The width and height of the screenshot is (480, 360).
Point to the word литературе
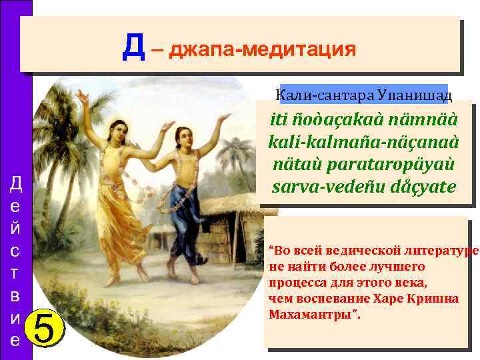pyautogui.click(x=441, y=251)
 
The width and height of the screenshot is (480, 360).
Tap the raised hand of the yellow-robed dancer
pyautogui.click(x=82, y=95)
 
